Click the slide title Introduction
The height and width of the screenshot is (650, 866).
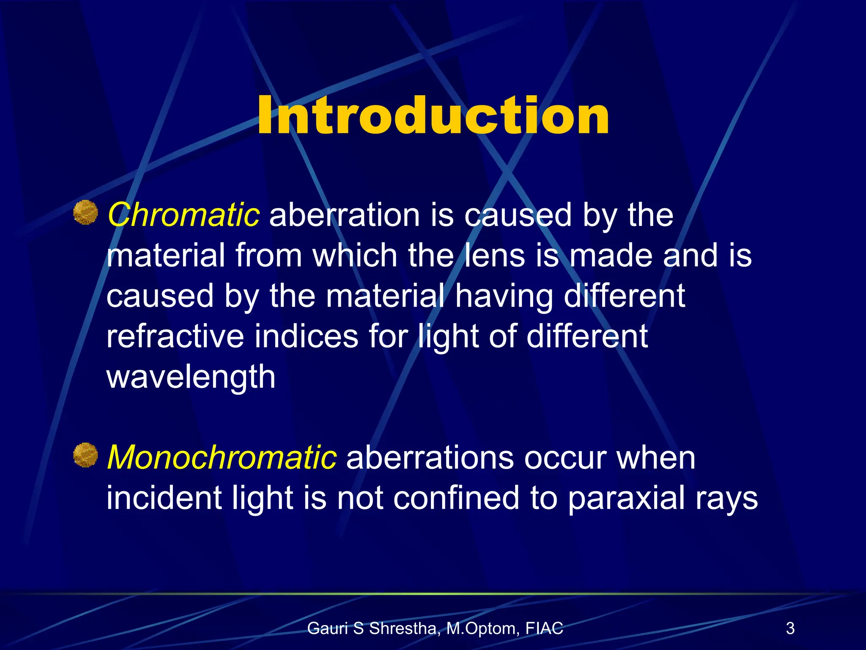(433, 115)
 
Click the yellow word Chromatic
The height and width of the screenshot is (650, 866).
(183, 215)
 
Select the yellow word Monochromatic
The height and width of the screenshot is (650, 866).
(222, 457)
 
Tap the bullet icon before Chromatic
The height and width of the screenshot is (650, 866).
(85, 212)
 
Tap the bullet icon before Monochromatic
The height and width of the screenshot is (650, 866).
(85, 455)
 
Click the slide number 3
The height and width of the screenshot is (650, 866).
(790, 628)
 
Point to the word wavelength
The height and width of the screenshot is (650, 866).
(191, 377)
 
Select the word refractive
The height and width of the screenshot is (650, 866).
(175, 336)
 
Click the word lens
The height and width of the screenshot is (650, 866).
(495, 256)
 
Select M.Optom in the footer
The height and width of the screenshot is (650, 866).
(482, 629)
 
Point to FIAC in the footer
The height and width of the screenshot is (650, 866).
(544, 628)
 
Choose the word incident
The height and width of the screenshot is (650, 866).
(164, 498)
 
